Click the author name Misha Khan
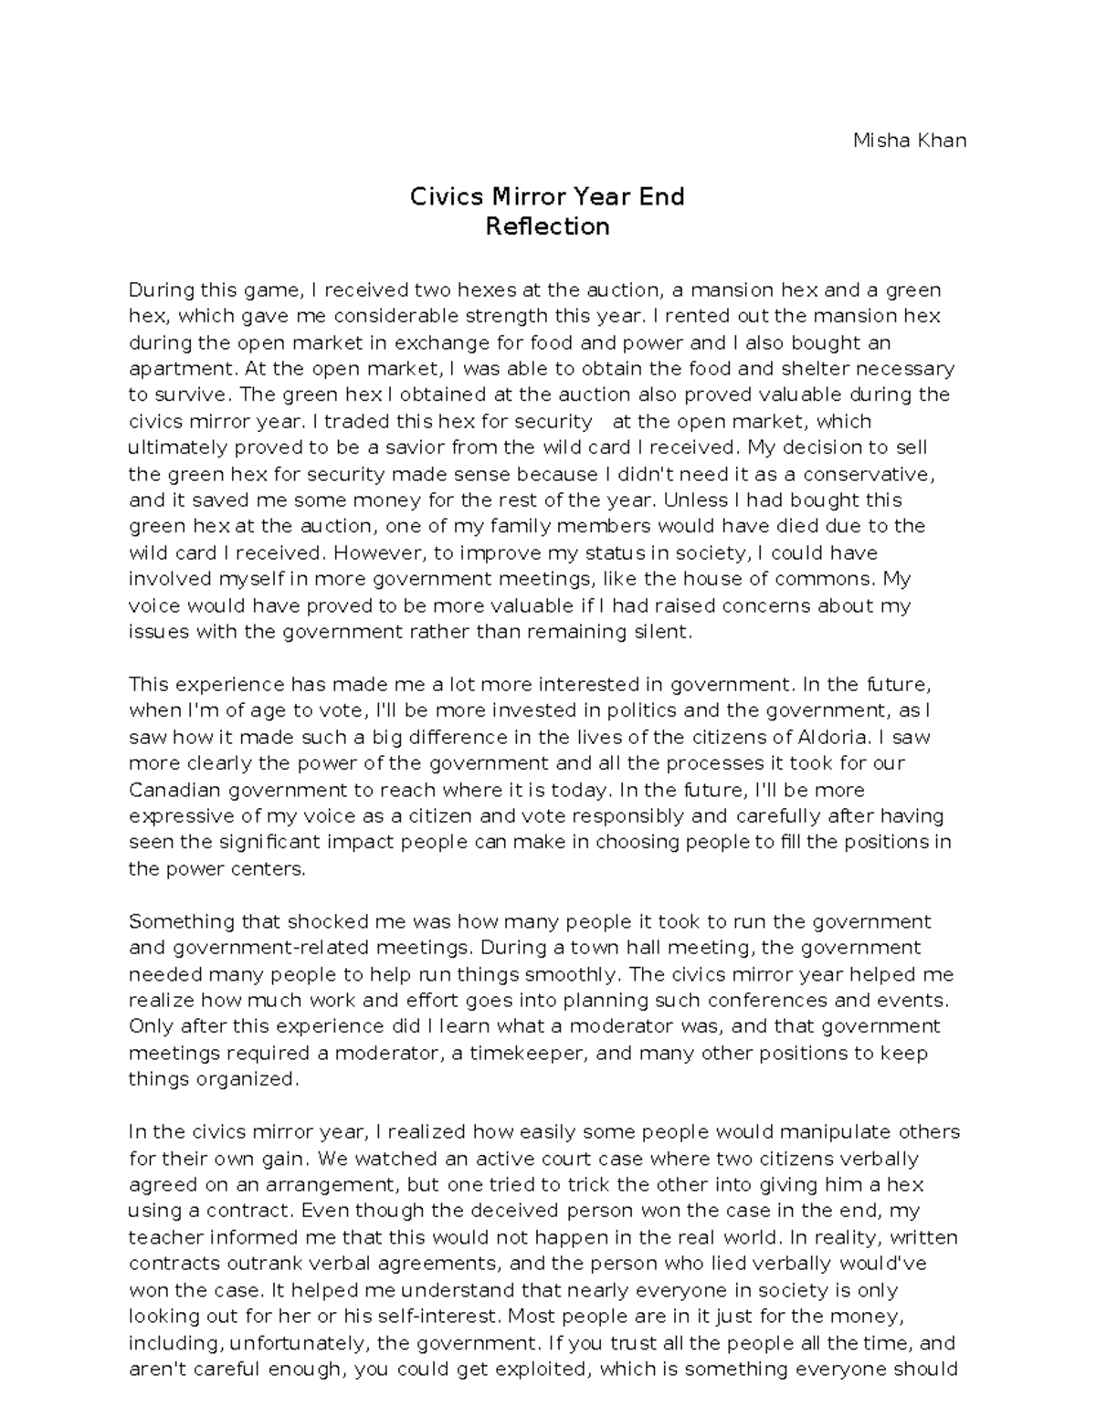point(909,140)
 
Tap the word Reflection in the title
point(547,226)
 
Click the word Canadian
point(174,790)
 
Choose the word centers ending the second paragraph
point(270,869)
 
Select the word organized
point(247,1079)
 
